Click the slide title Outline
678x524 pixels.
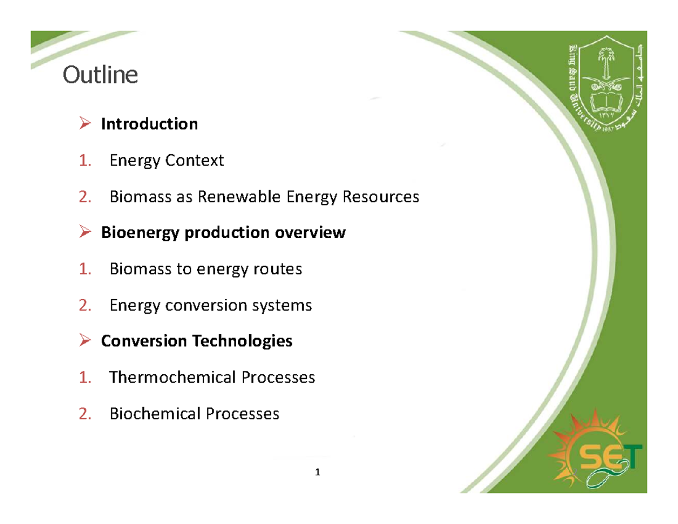coord(100,75)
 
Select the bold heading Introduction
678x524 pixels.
coord(149,124)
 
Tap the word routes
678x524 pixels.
coord(279,269)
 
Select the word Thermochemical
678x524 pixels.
coord(173,377)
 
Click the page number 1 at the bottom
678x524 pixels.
coord(318,472)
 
